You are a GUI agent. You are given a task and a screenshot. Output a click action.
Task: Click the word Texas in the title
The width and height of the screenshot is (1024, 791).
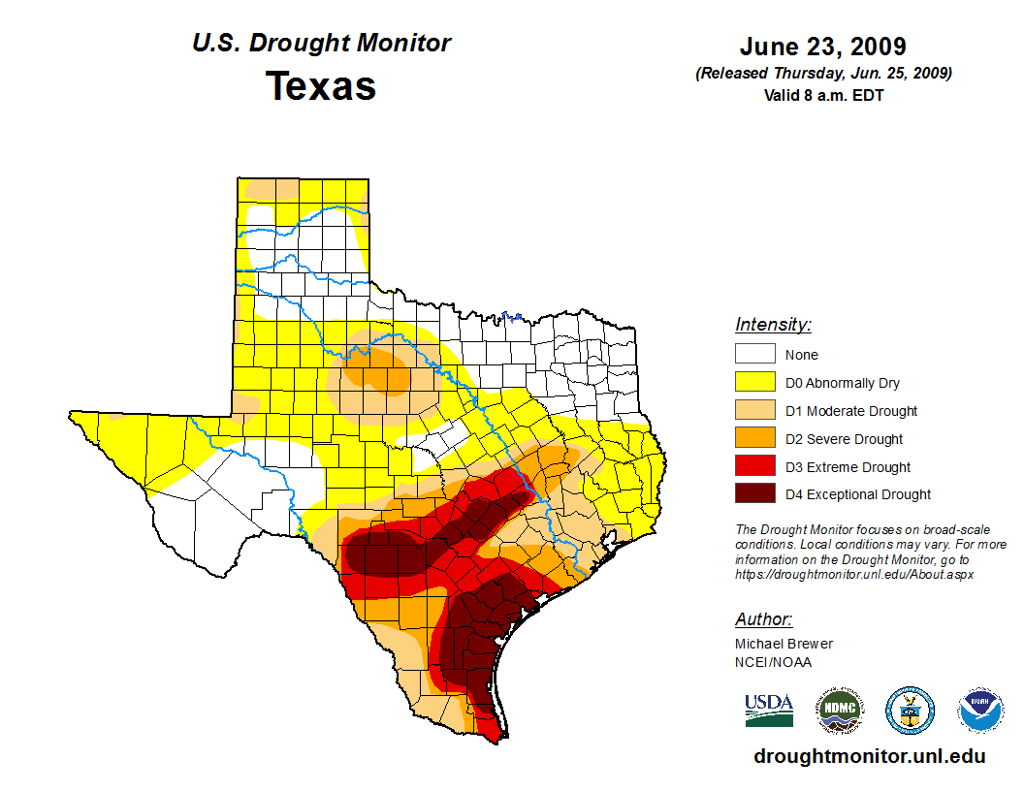321,86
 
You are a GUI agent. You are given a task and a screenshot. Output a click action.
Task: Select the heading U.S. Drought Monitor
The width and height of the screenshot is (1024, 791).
321,43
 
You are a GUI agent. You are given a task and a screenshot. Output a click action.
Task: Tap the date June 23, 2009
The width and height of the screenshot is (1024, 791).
822,47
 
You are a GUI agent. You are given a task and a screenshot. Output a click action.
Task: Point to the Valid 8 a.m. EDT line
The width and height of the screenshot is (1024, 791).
822,95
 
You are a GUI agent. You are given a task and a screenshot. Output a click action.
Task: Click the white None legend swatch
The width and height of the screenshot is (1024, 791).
754,355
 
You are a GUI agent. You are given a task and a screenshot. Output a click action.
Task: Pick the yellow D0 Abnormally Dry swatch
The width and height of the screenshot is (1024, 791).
754,383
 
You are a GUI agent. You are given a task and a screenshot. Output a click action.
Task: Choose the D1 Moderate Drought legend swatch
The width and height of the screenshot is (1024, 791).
754,411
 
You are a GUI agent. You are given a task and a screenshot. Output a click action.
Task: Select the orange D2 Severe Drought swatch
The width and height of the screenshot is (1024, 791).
754,439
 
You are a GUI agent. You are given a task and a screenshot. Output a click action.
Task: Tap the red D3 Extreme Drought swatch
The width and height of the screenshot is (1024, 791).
754,467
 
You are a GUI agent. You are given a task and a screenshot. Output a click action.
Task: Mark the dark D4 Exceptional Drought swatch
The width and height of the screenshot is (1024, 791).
754,494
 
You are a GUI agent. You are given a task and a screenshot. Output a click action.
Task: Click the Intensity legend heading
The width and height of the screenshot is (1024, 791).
773,325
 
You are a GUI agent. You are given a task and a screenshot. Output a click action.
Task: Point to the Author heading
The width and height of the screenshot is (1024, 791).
763,619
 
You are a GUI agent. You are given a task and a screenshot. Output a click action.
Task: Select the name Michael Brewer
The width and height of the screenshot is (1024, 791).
784,644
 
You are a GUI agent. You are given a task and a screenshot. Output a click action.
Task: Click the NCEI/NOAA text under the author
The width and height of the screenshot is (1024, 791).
773,662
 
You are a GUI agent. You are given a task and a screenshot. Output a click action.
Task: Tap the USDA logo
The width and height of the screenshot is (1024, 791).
769,710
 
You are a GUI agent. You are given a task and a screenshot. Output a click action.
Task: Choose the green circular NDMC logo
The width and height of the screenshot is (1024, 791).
839,711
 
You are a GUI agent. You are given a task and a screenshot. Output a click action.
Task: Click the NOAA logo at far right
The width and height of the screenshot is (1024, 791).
980,711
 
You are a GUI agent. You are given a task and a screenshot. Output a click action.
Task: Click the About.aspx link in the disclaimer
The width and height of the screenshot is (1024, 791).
853,574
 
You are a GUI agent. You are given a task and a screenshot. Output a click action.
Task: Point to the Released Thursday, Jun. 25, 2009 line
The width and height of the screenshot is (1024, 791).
822,74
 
